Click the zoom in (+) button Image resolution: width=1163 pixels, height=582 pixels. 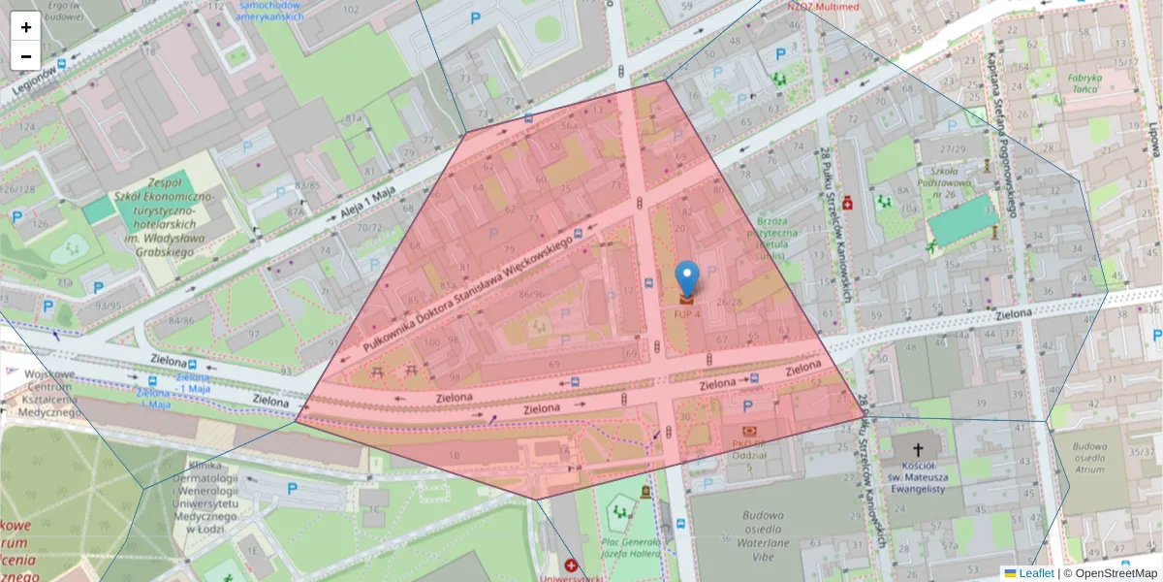(26, 27)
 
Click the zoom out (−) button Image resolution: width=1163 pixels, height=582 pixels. (26, 56)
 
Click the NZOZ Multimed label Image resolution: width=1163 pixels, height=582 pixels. (823, 7)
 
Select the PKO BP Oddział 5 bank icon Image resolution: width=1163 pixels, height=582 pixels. (749, 431)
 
